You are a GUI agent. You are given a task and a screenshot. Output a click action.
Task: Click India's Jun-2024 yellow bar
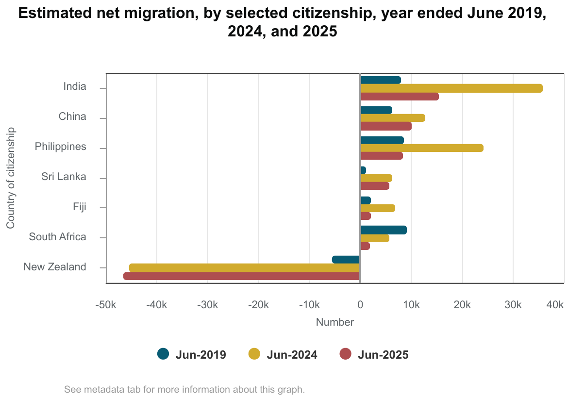[451, 88]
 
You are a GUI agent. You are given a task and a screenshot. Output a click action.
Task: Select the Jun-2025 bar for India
[400, 97]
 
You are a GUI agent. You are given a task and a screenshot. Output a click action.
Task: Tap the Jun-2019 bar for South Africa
[384, 230]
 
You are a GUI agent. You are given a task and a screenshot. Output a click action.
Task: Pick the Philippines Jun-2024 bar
[422, 148]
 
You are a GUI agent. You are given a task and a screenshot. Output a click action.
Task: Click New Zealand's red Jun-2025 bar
[242, 276]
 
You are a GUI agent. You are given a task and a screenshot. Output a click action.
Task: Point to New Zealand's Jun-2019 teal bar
[346, 260]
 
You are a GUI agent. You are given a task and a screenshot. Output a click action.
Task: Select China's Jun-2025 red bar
[386, 126]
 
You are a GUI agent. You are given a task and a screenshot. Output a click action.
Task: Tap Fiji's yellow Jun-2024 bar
[377, 208]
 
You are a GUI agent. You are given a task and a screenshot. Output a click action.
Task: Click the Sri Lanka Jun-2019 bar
[363, 170]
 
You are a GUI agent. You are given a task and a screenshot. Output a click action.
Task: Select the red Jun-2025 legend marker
[345, 354]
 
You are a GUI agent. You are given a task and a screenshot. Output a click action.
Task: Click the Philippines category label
[61, 147]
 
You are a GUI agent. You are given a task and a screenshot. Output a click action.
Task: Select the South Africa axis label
[57, 237]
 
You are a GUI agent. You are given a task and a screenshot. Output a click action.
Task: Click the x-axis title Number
[335, 322]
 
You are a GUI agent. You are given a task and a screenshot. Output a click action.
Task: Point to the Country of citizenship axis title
[11, 178]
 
